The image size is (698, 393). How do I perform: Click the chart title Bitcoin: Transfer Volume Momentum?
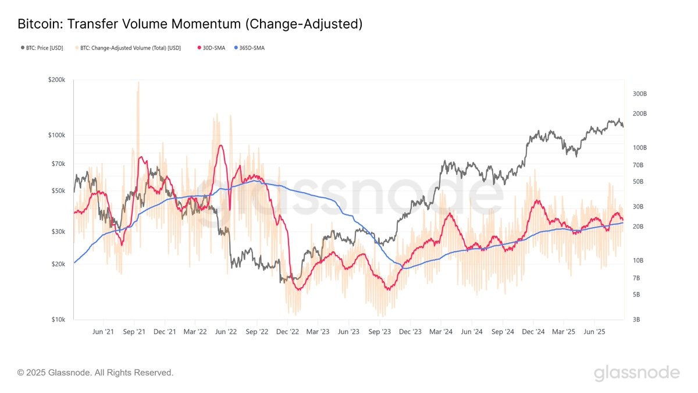[x=190, y=24]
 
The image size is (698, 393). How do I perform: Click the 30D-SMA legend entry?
[x=211, y=48]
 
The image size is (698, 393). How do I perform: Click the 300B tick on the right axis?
[x=639, y=94]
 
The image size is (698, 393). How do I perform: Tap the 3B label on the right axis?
[x=636, y=320]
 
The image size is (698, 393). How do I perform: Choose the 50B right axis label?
[x=638, y=182]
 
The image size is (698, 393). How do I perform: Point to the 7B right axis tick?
[x=636, y=277]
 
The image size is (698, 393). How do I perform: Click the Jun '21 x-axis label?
[x=103, y=332]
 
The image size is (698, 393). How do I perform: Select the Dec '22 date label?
[x=287, y=332]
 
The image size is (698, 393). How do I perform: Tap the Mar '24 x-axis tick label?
[x=441, y=332]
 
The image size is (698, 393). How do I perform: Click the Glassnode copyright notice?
[x=95, y=372]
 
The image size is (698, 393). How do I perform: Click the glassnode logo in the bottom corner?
[x=636, y=373]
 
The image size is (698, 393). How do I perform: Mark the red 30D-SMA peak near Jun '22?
[x=220, y=146]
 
